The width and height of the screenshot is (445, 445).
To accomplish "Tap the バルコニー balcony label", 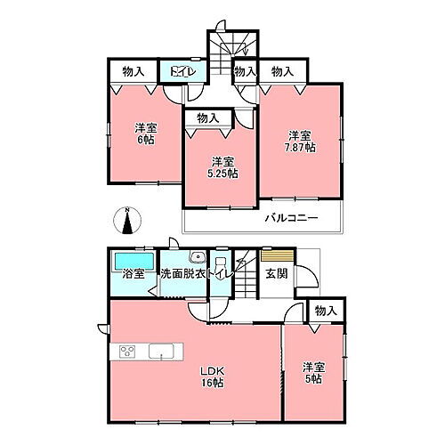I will [290, 219].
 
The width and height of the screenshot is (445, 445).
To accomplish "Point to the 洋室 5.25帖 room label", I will [222, 167].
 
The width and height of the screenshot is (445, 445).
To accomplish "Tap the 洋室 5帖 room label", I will [311, 371].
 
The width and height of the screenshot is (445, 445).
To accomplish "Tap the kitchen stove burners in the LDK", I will [125, 348].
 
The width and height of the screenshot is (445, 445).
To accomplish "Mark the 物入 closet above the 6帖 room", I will [133, 70].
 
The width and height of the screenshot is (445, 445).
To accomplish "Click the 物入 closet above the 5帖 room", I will [327, 310].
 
